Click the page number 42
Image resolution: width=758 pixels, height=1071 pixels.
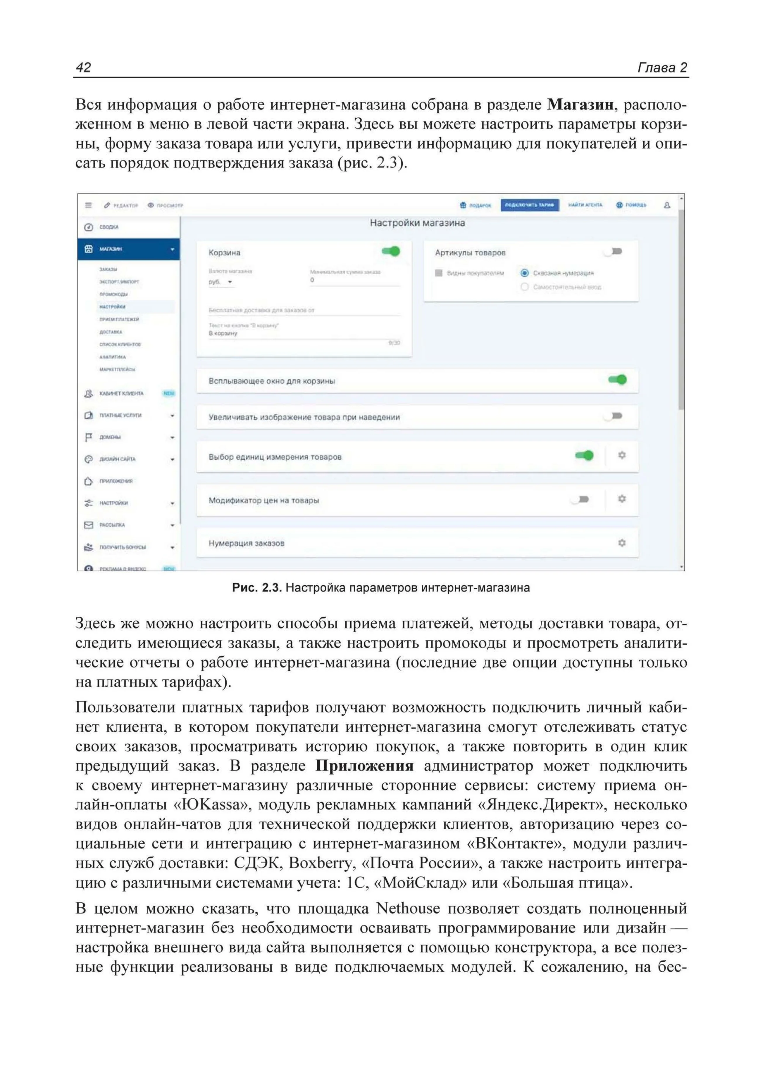tap(84, 68)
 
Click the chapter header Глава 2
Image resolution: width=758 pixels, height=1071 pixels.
tap(662, 68)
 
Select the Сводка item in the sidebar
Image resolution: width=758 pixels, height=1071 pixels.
tap(109, 227)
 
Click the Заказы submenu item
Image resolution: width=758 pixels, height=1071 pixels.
tap(108, 269)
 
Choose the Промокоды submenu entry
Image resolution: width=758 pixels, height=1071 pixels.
tap(113, 294)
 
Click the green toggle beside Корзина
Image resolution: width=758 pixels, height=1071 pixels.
tap(391, 251)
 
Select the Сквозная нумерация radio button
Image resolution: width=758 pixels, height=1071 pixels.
tap(525, 273)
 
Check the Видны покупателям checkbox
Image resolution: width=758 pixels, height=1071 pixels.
tap(438, 273)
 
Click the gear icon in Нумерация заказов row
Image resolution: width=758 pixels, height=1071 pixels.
tap(622, 543)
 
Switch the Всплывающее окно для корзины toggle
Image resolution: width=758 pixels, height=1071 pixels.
tap(618, 380)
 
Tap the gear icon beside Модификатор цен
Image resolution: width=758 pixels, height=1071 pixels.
tap(622, 499)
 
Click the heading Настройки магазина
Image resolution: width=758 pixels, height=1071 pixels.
tap(417, 223)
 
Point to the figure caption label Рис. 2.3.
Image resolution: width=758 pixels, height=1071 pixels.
tap(256, 588)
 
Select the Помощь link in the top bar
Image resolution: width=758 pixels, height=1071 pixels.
tap(631, 205)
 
